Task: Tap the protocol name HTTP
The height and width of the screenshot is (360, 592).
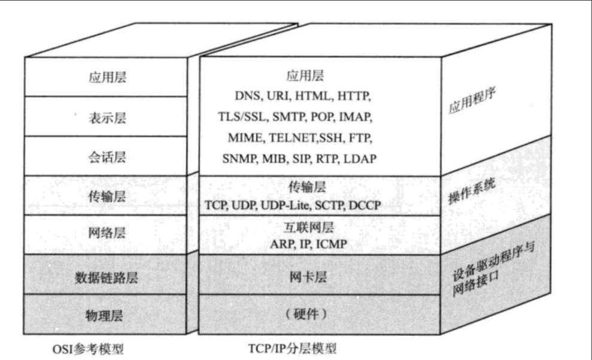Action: (354, 96)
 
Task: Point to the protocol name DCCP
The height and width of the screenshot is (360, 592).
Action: (365, 205)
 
